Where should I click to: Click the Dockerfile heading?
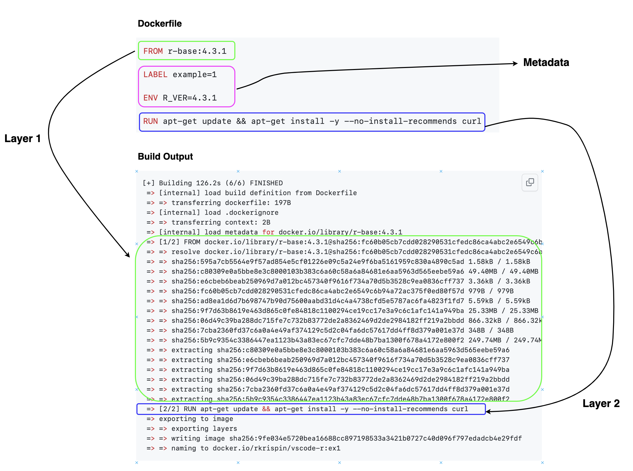(160, 23)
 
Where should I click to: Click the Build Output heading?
(165, 157)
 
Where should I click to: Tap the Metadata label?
(546, 62)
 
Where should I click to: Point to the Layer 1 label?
(23, 139)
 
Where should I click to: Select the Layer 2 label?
(601, 403)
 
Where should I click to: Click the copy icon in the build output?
(530, 182)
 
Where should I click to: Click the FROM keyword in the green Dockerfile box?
(153, 51)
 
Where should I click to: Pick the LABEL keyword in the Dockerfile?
(155, 75)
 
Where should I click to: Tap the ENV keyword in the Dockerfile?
(150, 98)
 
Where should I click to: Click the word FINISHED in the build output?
(266, 183)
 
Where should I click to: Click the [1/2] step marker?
(169, 242)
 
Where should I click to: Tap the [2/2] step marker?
(169, 409)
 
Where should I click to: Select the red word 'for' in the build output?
(268, 232)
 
